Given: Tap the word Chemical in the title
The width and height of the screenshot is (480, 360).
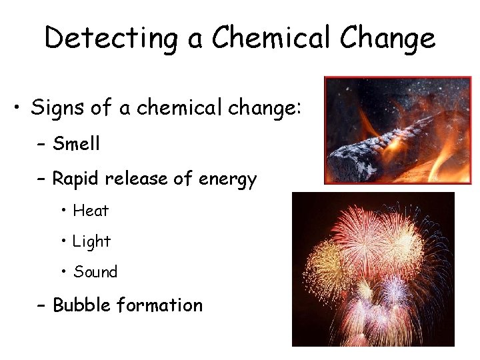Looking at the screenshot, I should point(267,38).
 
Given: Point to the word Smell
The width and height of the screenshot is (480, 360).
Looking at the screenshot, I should point(76,143).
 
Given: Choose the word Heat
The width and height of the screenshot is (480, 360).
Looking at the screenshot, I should point(91,211).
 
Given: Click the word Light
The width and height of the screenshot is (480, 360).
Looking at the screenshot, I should point(92,241).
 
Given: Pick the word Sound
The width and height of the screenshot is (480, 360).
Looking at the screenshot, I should point(95,272).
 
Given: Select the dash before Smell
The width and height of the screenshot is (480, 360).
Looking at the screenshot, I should point(41,144).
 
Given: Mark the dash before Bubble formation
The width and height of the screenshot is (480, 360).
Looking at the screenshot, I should point(41,306).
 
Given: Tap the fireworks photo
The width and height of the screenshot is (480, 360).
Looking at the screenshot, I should point(373,269).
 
